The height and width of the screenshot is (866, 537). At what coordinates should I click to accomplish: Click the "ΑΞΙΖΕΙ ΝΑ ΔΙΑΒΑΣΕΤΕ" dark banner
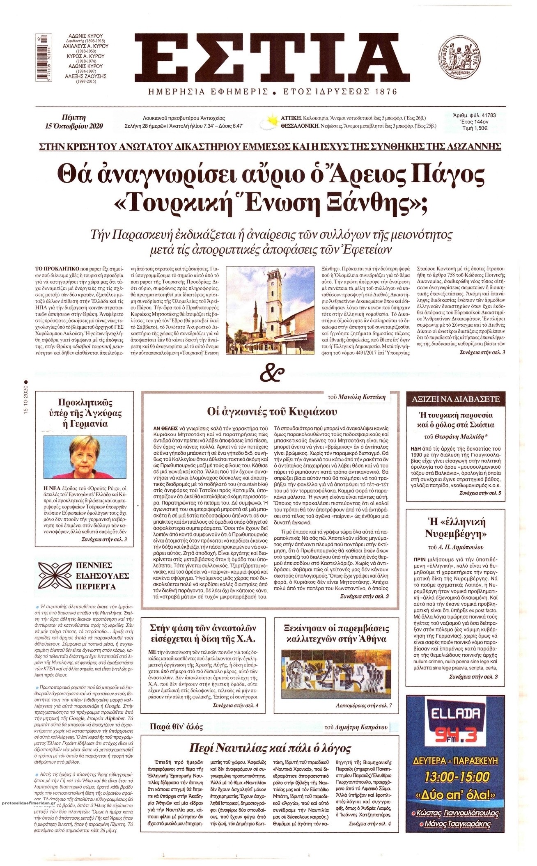pos(453,398)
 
